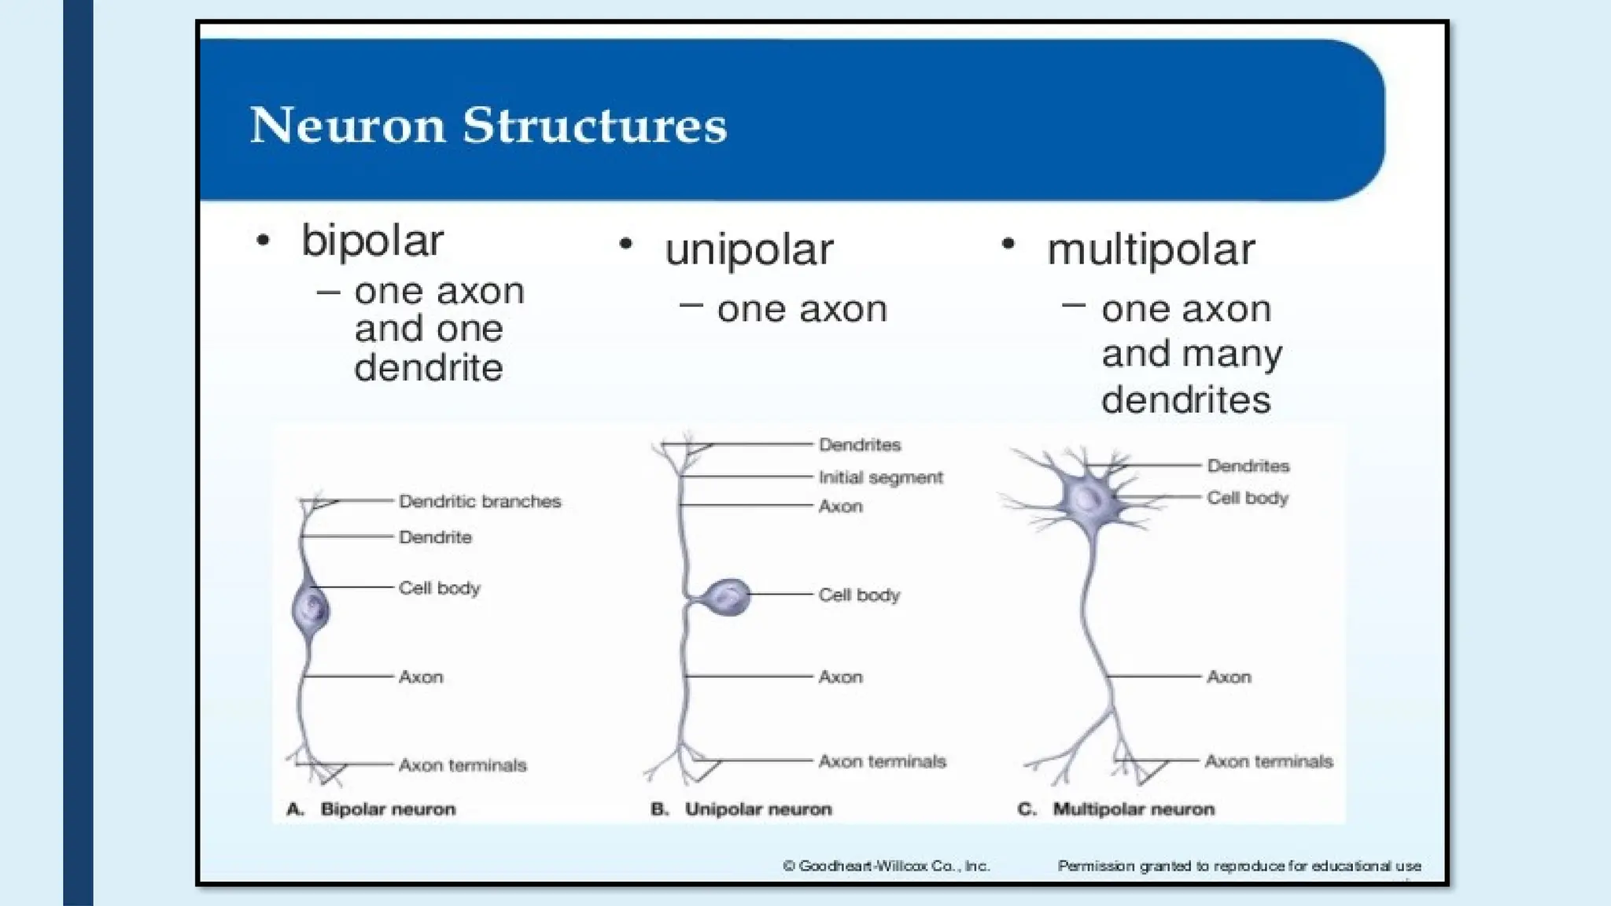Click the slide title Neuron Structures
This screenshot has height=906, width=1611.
[x=488, y=126]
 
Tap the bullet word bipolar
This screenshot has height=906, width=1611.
[x=372, y=240]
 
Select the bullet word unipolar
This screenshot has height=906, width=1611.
[x=748, y=250]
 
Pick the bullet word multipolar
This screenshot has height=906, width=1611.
[x=1150, y=250]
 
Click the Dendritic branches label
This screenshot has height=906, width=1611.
[x=480, y=502]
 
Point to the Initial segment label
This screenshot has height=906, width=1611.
[x=880, y=477]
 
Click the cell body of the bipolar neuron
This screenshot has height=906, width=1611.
[x=311, y=610]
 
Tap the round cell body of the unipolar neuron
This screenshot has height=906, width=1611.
[x=725, y=598]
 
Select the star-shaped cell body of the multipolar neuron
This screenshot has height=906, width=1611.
[x=1087, y=497]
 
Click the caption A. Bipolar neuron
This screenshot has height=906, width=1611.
[x=371, y=809]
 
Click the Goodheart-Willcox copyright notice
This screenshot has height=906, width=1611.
[x=886, y=866]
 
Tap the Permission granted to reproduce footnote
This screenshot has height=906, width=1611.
[x=1239, y=866]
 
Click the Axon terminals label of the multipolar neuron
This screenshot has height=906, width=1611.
[x=1269, y=761]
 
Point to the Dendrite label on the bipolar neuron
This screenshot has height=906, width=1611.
[x=435, y=537]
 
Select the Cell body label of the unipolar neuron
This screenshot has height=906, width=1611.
[x=859, y=595]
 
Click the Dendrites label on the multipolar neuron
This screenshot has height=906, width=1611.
[x=1248, y=466]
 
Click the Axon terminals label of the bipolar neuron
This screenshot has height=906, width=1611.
[x=463, y=765]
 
